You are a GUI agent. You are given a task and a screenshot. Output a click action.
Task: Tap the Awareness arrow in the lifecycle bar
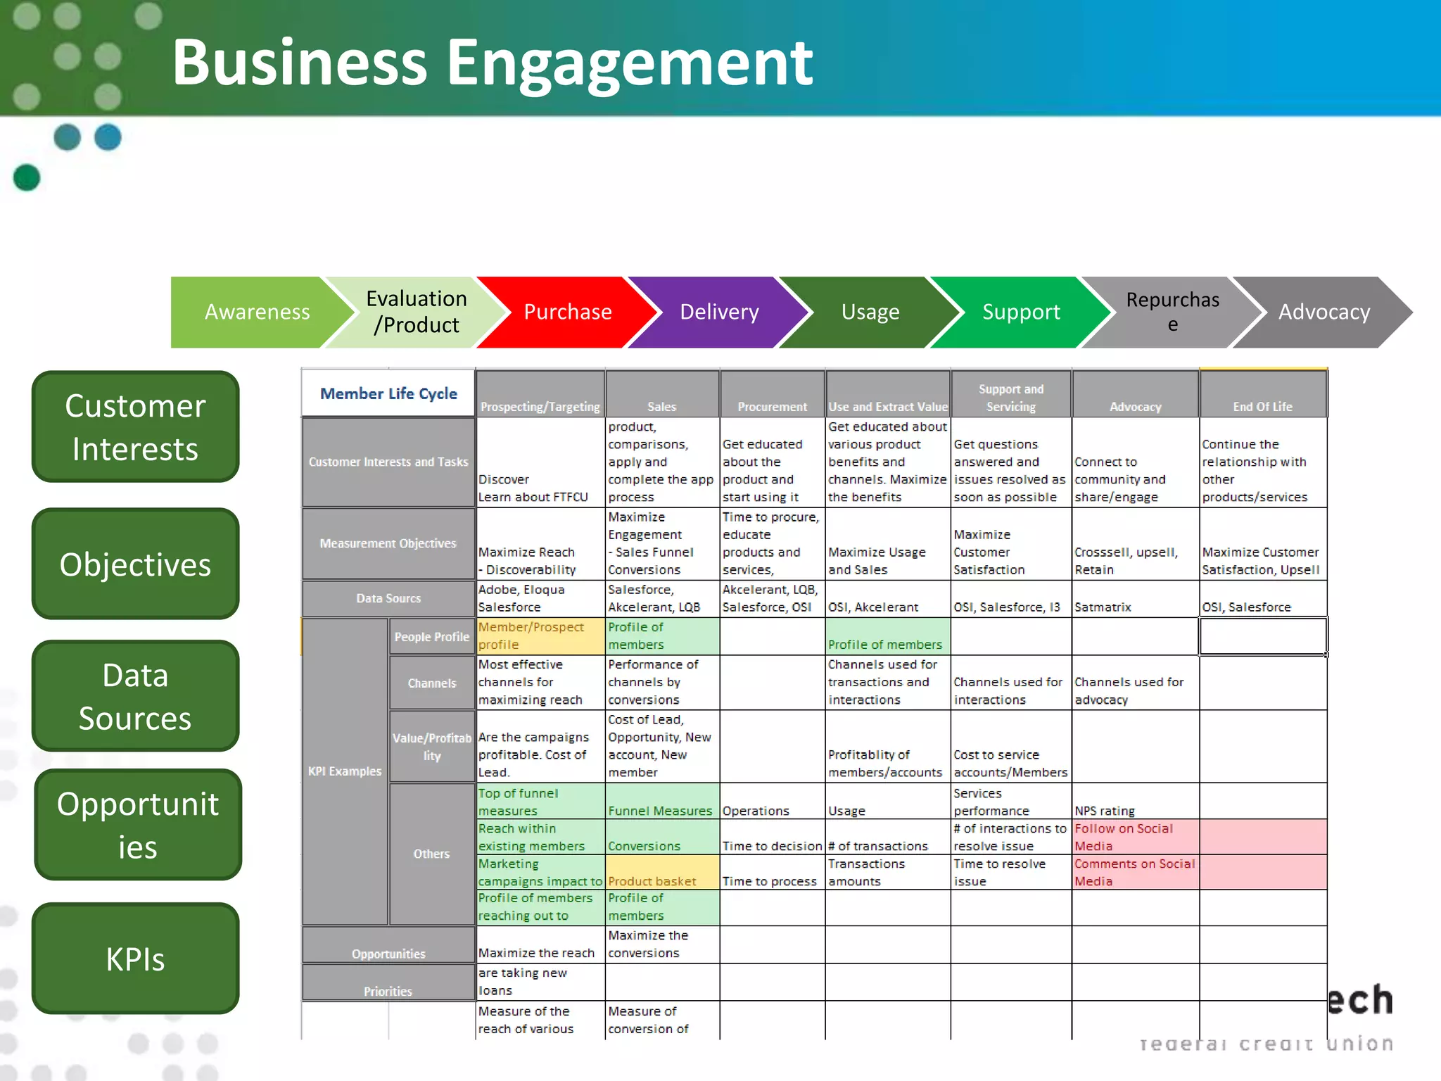point(257,312)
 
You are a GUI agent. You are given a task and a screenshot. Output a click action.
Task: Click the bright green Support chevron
point(1020,312)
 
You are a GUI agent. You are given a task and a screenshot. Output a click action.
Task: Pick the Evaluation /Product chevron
point(417,312)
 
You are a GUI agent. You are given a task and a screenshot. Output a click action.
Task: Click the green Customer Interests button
point(135,426)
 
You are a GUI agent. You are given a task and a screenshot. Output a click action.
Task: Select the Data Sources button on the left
point(135,696)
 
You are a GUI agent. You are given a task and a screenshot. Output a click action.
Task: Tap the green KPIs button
point(135,959)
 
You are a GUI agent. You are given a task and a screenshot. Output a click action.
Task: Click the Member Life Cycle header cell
point(388,393)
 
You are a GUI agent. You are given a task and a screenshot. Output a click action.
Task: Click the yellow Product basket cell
point(661,873)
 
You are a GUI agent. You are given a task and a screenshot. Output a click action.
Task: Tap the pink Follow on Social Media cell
point(1134,837)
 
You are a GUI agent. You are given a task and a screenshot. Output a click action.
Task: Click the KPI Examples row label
point(345,771)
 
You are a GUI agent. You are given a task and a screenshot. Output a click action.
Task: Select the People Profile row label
point(431,637)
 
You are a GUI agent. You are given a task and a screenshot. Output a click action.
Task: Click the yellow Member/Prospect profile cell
point(540,636)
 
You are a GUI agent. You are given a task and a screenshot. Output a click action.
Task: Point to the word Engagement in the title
point(630,63)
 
